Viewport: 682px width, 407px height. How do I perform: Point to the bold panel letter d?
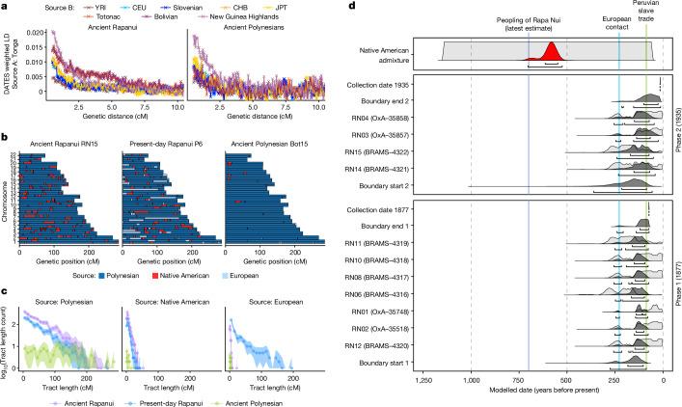tap(351, 7)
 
